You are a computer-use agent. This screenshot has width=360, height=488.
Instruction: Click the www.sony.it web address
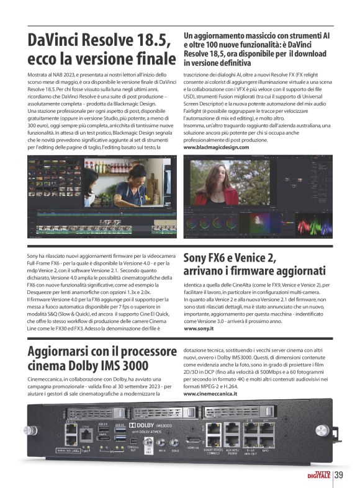201,329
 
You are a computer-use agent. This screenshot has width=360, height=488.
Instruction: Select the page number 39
339,475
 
